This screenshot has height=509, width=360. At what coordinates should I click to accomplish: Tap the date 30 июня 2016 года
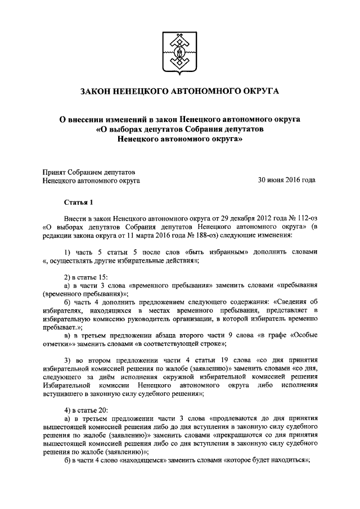click(x=286, y=181)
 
